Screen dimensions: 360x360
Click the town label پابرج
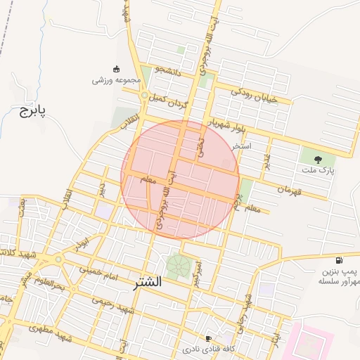(x=32, y=111)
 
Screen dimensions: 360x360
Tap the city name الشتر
(x=146, y=282)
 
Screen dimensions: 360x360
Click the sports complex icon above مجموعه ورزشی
(x=116, y=69)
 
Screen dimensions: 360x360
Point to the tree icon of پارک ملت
(x=318, y=159)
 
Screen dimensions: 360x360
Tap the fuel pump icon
(x=341, y=259)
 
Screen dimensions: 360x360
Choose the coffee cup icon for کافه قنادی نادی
(x=208, y=338)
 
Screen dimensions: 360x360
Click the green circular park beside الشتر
(x=177, y=266)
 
